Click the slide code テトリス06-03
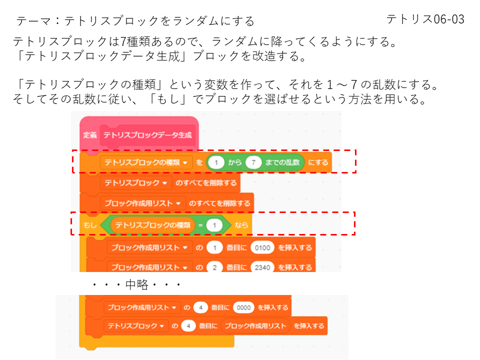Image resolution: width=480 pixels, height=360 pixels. [425, 19]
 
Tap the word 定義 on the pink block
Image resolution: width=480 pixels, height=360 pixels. [90, 135]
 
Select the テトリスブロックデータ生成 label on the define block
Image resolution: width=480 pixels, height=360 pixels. [147, 135]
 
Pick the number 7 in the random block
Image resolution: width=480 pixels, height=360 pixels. [254, 162]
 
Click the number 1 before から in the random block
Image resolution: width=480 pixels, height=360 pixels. [215, 162]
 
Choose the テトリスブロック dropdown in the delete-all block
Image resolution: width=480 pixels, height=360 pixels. [135, 183]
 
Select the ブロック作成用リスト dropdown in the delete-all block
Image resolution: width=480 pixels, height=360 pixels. [142, 203]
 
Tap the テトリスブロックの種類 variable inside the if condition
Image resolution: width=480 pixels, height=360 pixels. [153, 226]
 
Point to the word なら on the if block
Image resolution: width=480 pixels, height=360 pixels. [241, 226]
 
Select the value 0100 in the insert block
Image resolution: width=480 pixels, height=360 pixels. [262, 247]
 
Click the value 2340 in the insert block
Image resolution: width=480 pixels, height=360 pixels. [262, 267]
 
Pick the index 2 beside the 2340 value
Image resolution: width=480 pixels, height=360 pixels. [214, 267]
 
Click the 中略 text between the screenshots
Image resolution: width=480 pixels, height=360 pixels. [136, 285]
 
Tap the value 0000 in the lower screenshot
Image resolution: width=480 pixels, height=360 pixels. [242, 307]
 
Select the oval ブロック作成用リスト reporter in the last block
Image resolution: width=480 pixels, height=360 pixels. [255, 326]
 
